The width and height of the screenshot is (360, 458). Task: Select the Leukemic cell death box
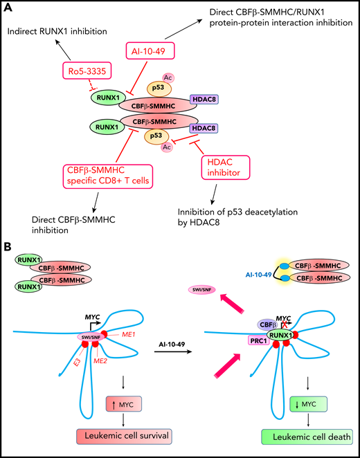coord(298,435)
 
